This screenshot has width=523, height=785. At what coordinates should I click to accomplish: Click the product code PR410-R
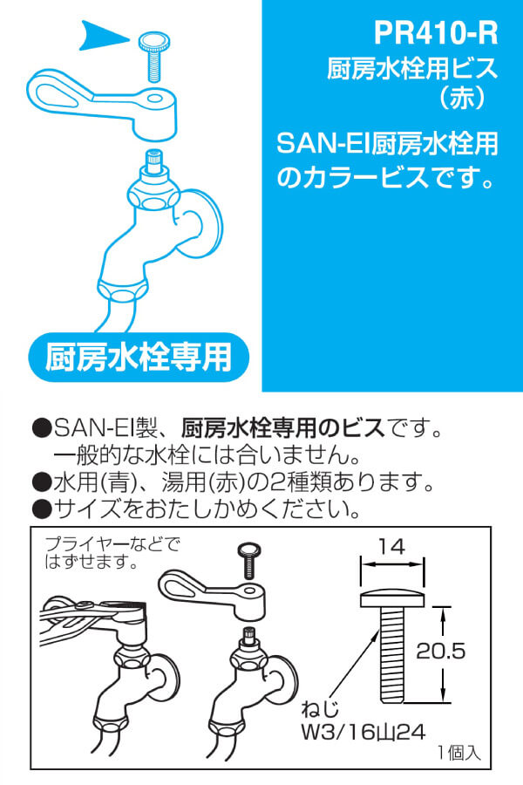[x=436, y=33]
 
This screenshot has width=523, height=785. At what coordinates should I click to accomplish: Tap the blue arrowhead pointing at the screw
[x=103, y=36]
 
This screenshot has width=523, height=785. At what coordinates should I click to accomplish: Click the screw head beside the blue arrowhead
[x=154, y=40]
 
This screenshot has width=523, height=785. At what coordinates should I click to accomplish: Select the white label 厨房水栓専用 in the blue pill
[x=139, y=357]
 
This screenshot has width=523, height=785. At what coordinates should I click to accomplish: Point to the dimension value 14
[x=391, y=547]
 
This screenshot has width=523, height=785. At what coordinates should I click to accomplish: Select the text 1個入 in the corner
[x=459, y=753]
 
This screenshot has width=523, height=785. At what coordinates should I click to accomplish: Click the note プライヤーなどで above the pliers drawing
[x=112, y=544]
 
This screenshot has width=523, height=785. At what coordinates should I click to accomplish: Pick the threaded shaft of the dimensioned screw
[x=392, y=654]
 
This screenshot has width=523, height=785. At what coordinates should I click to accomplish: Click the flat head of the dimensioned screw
[x=392, y=598]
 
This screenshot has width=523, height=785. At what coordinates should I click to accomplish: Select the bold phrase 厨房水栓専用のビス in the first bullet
[x=283, y=428]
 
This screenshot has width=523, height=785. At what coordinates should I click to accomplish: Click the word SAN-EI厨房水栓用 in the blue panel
[x=387, y=144]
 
